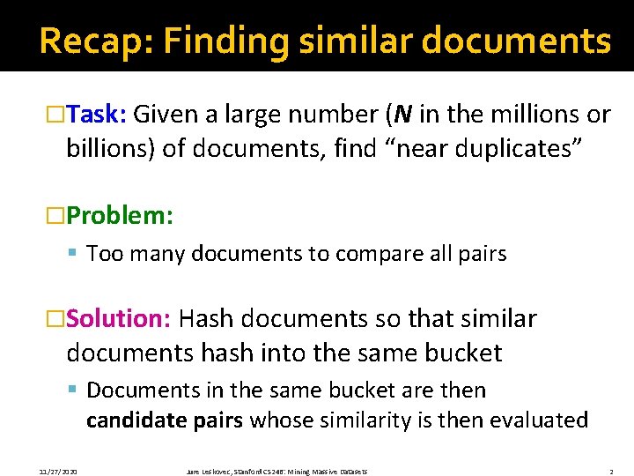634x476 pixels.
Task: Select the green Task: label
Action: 98,115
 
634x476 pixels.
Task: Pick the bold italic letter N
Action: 404,115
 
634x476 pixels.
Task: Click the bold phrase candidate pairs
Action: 165,420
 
